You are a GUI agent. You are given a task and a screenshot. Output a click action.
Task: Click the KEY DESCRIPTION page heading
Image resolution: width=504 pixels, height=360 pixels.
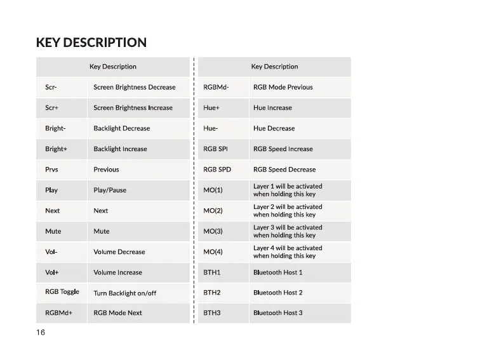pos(91,43)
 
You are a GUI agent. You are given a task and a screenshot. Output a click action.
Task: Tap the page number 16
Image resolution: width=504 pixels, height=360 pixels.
pos(41,333)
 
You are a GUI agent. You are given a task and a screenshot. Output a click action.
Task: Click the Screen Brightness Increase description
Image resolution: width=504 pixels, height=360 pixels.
pos(133,108)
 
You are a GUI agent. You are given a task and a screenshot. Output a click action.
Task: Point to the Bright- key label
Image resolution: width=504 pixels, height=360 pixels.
pos(55,128)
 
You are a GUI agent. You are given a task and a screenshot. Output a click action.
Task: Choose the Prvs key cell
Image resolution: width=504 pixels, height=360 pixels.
pos(51,170)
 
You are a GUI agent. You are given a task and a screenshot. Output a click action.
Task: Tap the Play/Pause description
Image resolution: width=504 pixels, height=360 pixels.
pos(110,190)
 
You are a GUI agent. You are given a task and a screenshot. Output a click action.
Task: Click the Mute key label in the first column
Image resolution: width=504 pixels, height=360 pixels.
pos(53,231)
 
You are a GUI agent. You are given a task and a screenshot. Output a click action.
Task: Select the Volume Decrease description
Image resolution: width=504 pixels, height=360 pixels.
pos(119,252)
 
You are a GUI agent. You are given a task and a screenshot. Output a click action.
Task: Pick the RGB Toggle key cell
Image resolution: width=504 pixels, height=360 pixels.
pos(62,292)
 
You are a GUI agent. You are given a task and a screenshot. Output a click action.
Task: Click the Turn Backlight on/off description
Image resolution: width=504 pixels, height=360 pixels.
pos(124,293)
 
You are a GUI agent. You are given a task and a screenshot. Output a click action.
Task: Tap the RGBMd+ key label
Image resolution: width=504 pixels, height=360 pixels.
pos(58,313)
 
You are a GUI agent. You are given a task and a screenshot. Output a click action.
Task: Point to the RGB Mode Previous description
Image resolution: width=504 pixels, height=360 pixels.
pos(282,87)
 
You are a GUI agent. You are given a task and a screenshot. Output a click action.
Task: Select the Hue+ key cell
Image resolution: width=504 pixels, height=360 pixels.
pos(211,108)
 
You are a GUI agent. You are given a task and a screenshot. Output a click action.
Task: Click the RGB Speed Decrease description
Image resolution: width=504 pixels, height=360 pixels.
pos(284,170)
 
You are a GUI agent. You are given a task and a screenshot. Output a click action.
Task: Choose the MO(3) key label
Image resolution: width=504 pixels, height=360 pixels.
pos(213,231)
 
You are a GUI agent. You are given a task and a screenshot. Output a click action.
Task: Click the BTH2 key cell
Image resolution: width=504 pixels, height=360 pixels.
pos(211,293)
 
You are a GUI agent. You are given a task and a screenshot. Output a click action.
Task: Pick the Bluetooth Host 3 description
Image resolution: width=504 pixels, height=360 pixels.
pos(277,313)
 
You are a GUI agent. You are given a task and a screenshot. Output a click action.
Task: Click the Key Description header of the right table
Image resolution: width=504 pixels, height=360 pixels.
pos(274,67)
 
